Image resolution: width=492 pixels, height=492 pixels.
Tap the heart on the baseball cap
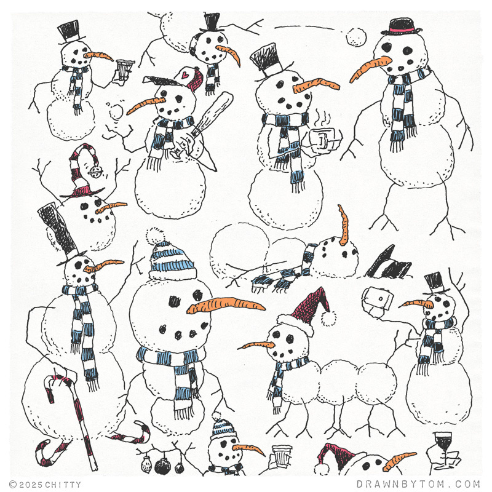(x=186, y=75)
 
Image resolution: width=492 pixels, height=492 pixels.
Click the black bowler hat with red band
(x=401, y=27)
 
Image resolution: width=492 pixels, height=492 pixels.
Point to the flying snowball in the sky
(x=356, y=38)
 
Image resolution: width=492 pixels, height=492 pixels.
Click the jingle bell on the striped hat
(x=94, y=172)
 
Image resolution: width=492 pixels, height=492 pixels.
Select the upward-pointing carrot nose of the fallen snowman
(x=344, y=224)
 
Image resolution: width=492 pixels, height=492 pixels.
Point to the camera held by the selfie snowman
(x=377, y=298)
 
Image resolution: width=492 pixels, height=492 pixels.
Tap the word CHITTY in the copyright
(x=63, y=485)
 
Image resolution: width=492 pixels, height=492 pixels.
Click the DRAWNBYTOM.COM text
(x=418, y=484)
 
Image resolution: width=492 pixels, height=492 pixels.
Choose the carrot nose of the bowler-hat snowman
(x=370, y=69)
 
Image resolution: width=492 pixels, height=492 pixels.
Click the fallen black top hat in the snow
(x=388, y=264)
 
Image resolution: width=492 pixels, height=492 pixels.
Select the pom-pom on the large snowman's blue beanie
(x=156, y=236)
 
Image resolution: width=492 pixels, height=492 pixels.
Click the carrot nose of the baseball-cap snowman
(x=146, y=105)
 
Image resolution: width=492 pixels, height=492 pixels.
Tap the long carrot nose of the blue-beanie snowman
(x=226, y=305)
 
